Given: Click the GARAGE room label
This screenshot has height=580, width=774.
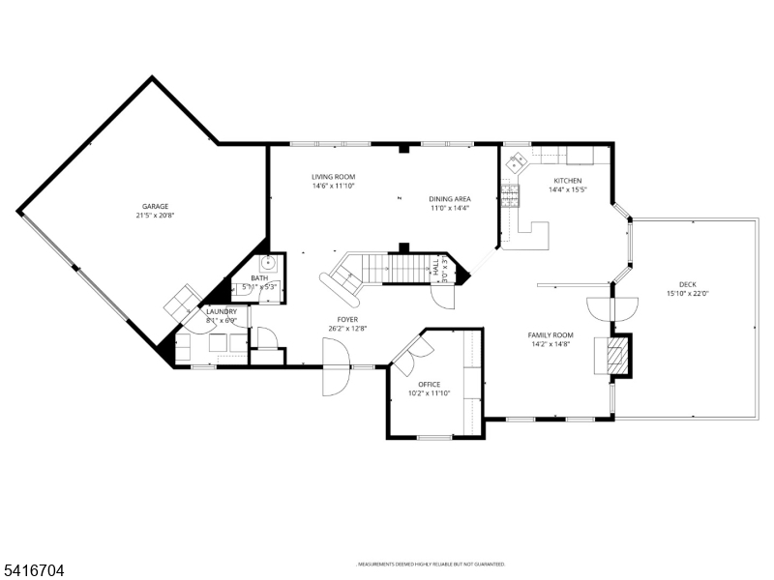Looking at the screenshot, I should (x=156, y=206).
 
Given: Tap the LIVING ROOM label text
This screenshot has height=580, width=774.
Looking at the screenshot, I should (x=333, y=177).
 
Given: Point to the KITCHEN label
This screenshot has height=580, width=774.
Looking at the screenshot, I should (x=567, y=181).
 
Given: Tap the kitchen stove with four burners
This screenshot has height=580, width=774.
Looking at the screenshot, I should (x=511, y=198).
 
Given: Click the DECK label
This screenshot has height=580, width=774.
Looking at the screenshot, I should (x=687, y=284).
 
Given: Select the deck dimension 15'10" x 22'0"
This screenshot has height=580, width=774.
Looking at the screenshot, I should (x=687, y=294).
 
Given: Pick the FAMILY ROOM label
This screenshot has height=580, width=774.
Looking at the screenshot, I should (x=551, y=335).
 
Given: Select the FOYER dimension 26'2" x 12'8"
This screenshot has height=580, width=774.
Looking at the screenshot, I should (x=347, y=329).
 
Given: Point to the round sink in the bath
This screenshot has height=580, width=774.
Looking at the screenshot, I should (x=271, y=261).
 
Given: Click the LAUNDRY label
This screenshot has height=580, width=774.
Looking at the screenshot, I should (x=221, y=311).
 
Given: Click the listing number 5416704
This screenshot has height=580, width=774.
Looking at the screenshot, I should (x=33, y=571).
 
